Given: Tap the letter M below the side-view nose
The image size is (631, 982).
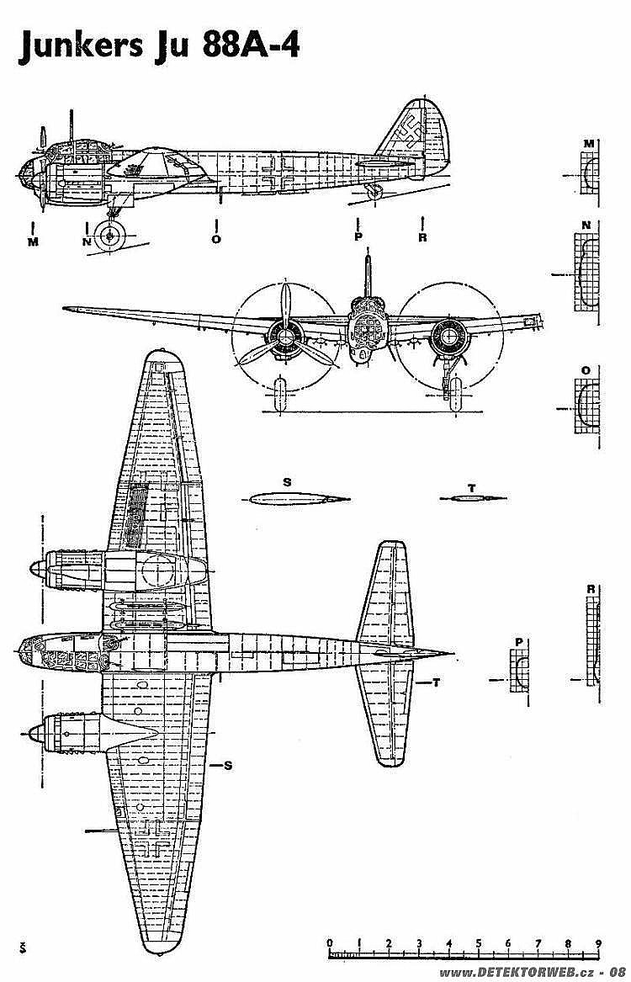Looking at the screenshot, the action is [x=33, y=242].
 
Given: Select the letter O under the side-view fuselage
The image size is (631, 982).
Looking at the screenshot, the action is [x=216, y=239].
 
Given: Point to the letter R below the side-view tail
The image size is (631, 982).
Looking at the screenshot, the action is [x=422, y=238].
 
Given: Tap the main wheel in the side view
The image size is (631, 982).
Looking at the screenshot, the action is [x=111, y=236].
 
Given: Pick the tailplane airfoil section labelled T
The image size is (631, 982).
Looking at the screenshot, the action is [x=473, y=498].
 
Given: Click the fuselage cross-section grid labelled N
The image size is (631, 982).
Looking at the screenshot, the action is [x=586, y=273].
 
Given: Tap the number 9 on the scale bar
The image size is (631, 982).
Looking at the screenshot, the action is [x=598, y=943].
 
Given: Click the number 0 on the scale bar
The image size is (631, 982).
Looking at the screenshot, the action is [x=330, y=943].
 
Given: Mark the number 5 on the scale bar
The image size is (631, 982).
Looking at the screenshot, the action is [x=479, y=943].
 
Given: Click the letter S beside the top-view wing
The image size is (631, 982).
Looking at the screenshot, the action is [x=228, y=765].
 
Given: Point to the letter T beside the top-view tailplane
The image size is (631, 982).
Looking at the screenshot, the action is [x=436, y=682].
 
